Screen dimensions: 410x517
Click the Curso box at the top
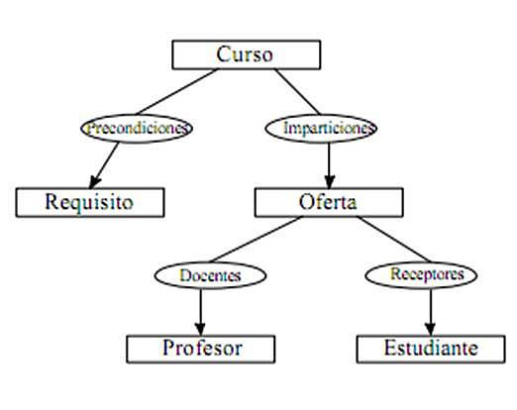(x=246, y=54)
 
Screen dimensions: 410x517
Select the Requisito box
(x=89, y=202)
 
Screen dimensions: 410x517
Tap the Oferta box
(x=329, y=202)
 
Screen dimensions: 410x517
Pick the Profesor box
(x=201, y=349)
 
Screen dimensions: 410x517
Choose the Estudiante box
(x=431, y=349)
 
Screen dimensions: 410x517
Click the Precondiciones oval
(x=136, y=128)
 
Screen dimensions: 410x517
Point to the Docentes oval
(x=211, y=274)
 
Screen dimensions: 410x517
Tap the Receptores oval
(x=429, y=273)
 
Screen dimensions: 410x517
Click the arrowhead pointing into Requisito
(x=97, y=181)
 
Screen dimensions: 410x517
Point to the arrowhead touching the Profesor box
(x=201, y=329)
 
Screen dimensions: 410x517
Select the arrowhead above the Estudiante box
(x=430, y=329)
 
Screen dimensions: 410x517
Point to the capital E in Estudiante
(x=389, y=349)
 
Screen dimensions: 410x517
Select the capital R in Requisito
(x=52, y=202)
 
